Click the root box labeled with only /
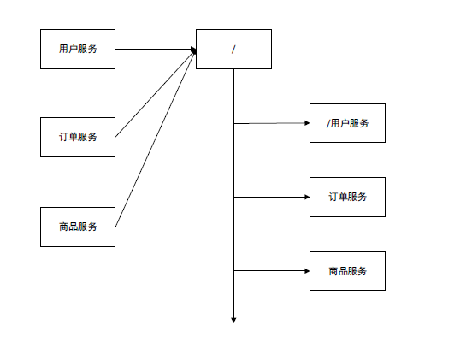pyautogui.click(x=233, y=49)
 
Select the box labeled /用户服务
pyautogui.click(x=347, y=123)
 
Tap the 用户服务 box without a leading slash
pyautogui.click(x=78, y=49)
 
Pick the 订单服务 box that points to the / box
pyautogui.click(x=78, y=137)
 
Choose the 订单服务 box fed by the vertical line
pyautogui.click(x=347, y=197)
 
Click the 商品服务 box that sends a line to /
pyautogui.click(x=78, y=227)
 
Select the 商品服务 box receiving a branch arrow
pyautogui.click(x=347, y=271)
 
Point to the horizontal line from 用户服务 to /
pyautogui.click(x=154, y=49)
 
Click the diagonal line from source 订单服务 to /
pyautogui.click(x=154, y=95)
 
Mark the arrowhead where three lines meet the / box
pyautogui.click(x=193, y=50)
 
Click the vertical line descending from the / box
pyautogui.click(x=233, y=171)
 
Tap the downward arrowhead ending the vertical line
pyautogui.click(x=233, y=321)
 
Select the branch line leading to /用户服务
pyautogui.click(x=269, y=123)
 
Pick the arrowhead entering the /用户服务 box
pyautogui.click(x=306, y=123)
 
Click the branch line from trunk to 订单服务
pyautogui.click(x=269, y=197)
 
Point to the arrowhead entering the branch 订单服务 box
pyautogui.click(x=306, y=197)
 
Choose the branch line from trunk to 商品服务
pyautogui.click(x=269, y=271)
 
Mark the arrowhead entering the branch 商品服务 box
pyautogui.click(x=306, y=271)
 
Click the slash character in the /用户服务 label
pyautogui.click(x=328, y=123)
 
